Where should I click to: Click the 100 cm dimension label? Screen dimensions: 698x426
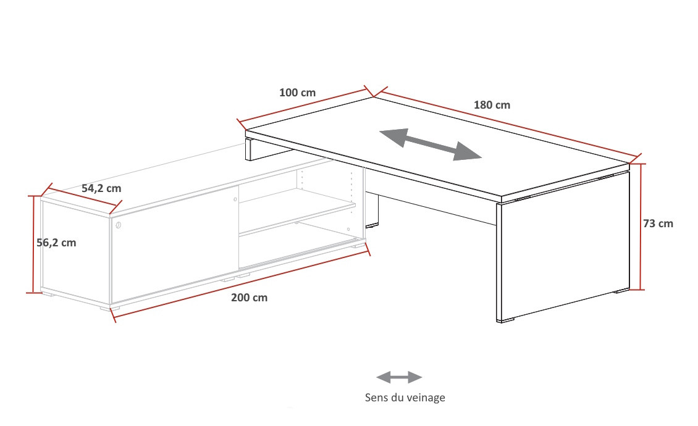(x=297, y=93)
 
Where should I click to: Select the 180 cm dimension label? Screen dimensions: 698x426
(x=492, y=105)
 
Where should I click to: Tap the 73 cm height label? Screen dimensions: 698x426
(x=658, y=223)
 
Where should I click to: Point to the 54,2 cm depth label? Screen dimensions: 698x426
(x=101, y=188)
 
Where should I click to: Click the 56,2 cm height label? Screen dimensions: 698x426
(x=57, y=243)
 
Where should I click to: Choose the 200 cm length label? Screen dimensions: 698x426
(x=250, y=298)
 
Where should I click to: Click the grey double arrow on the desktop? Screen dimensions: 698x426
(x=431, y=144)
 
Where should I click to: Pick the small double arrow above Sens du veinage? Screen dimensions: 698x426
(x=399, y=377)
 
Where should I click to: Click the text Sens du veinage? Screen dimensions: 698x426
(x=405, y=397)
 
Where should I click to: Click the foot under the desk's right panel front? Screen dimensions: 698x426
(x=507, y=320)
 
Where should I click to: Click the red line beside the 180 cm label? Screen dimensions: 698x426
(x=508, y=125)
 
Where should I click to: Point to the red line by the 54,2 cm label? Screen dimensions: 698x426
(x=82, y=199)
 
